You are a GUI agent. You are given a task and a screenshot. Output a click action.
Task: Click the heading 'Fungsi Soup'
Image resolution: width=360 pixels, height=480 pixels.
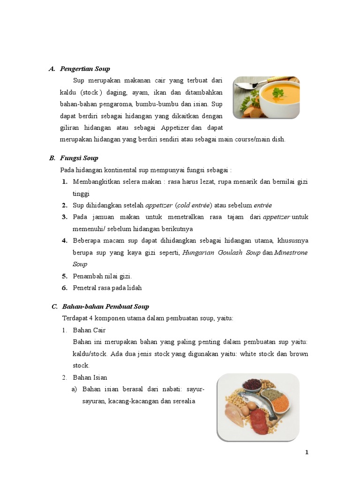pos(79,158)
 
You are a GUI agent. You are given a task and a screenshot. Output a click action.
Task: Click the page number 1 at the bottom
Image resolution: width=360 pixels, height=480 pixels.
pos(307,452)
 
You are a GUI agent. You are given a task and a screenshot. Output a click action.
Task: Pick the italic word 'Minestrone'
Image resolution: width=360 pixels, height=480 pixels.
pos(291,253)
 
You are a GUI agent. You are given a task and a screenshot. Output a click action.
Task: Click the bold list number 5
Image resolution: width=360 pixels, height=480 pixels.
pos(64,276)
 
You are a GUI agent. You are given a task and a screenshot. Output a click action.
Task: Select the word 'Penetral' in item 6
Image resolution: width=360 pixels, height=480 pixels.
pos(84,288)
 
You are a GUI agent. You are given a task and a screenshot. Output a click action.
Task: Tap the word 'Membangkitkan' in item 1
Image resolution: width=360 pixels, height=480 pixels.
pos(96,181)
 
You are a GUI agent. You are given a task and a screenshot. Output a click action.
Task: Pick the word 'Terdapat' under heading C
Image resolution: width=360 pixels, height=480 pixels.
pos(75,318)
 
